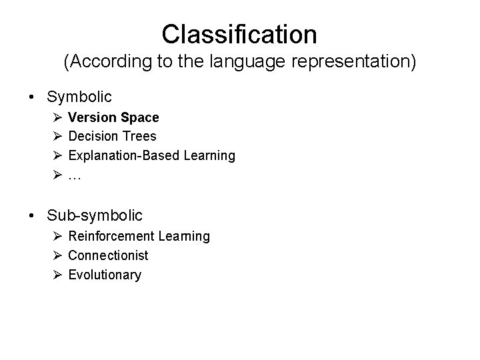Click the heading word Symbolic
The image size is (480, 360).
pyautogui.click(x=79, y=97)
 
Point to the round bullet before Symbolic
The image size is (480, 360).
pyautogui.click(x=33, y=97)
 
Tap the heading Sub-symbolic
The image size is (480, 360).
pyautogui.click(x=95, y=215)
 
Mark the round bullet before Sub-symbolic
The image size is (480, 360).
pyautogui.click(x=33, y=215)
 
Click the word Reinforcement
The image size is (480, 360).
pyautogui.click(x=111, y=236)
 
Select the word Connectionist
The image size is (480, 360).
pyautogui.click(x=108, y=255)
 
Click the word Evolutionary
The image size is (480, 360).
pyautogui.click(x=105, y=275)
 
